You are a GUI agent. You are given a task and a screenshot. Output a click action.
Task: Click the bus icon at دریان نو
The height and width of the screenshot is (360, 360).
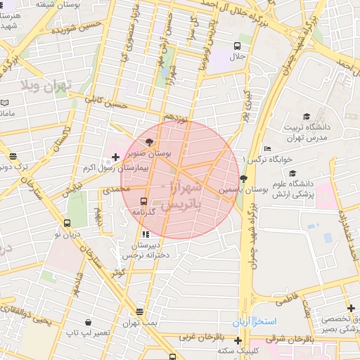(x=67, y=223)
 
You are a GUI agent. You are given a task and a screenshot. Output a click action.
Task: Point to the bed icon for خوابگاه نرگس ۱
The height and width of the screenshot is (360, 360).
(x=267, y=148)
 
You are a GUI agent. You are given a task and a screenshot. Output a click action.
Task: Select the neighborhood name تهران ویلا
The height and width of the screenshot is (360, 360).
(x=47, y=86)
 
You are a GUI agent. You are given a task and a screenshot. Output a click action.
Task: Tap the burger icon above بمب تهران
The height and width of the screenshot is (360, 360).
(x=140, y=311)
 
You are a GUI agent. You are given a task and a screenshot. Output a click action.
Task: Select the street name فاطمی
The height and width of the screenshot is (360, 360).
(x=276, y=300)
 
